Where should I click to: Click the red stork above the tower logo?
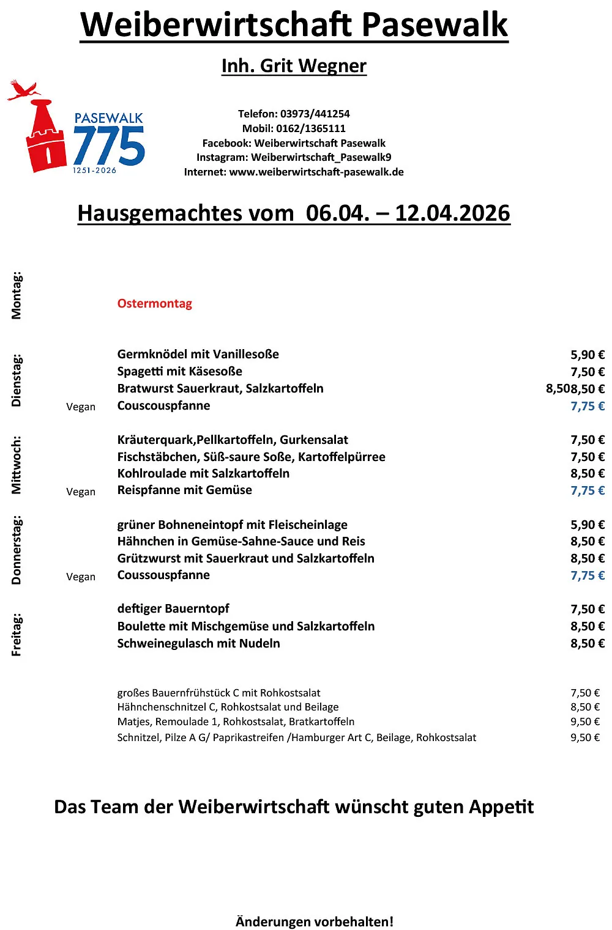(23, 90)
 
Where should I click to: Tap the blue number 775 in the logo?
(109, 146)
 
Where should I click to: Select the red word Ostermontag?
(155, 304)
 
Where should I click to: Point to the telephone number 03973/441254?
(315, 114)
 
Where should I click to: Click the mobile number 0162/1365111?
(311, 128)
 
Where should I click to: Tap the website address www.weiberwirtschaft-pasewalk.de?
(316, 172)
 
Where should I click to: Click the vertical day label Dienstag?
(17, 380)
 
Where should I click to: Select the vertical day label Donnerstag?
(17, 550)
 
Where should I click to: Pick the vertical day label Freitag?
(17, 634)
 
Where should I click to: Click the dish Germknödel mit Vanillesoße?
(198, 354)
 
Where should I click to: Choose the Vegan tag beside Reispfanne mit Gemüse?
(81, 492)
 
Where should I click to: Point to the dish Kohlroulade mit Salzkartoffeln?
(203, 473)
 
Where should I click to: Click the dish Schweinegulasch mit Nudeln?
(199, 643)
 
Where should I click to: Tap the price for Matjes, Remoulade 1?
(585, 721)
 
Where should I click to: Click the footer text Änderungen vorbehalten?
(315, 921)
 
